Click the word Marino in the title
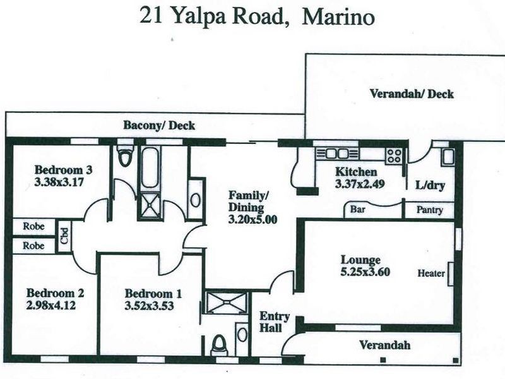pos(338,17)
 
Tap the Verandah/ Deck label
pos(411,94)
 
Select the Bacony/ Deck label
pos(159,126)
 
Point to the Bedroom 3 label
pos(64,169)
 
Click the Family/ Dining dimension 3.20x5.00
pos(252,220)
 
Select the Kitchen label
pos(356,172)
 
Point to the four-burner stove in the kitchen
pos(395,155)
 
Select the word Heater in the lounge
pos(431,274)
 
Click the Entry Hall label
pos(275,322)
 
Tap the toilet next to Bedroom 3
pos(125,157)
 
